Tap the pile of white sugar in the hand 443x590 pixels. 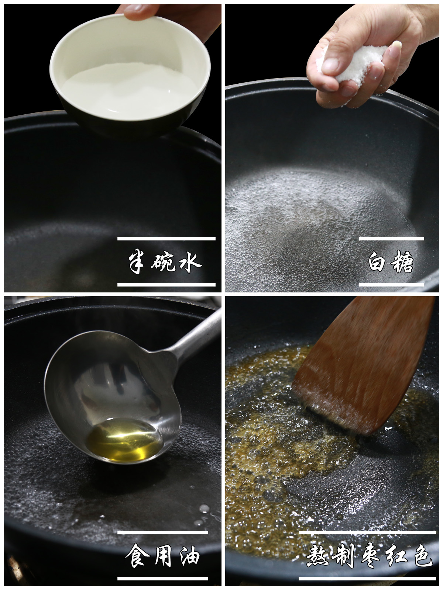click(364, 66)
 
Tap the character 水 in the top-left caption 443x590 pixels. click(189, 262)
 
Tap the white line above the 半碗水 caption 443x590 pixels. click(166, 239)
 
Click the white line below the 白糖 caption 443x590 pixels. click(391, 285)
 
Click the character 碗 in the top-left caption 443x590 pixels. click(163, 262)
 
